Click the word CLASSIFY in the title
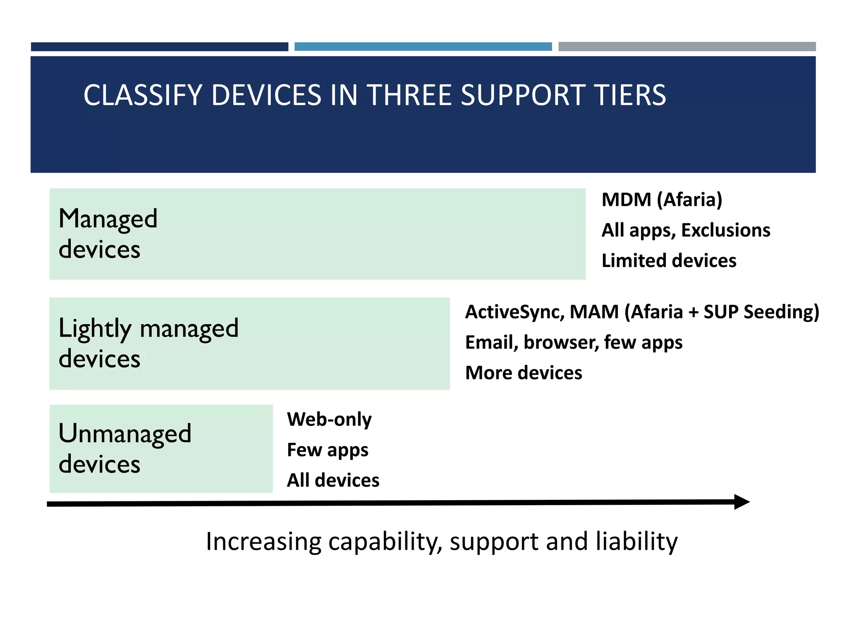143,95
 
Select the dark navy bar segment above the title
159,47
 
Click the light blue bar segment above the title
423,47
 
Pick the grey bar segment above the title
687,47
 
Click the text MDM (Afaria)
662,200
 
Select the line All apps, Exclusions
685,231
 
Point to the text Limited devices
669,261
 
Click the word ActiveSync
514,312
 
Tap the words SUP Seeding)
761,312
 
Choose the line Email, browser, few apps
574,343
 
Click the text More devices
524,373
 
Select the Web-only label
329,420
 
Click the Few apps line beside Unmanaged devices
328,450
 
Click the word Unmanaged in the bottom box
125,434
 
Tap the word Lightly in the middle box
95,329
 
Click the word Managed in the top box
108,219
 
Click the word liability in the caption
636,542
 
